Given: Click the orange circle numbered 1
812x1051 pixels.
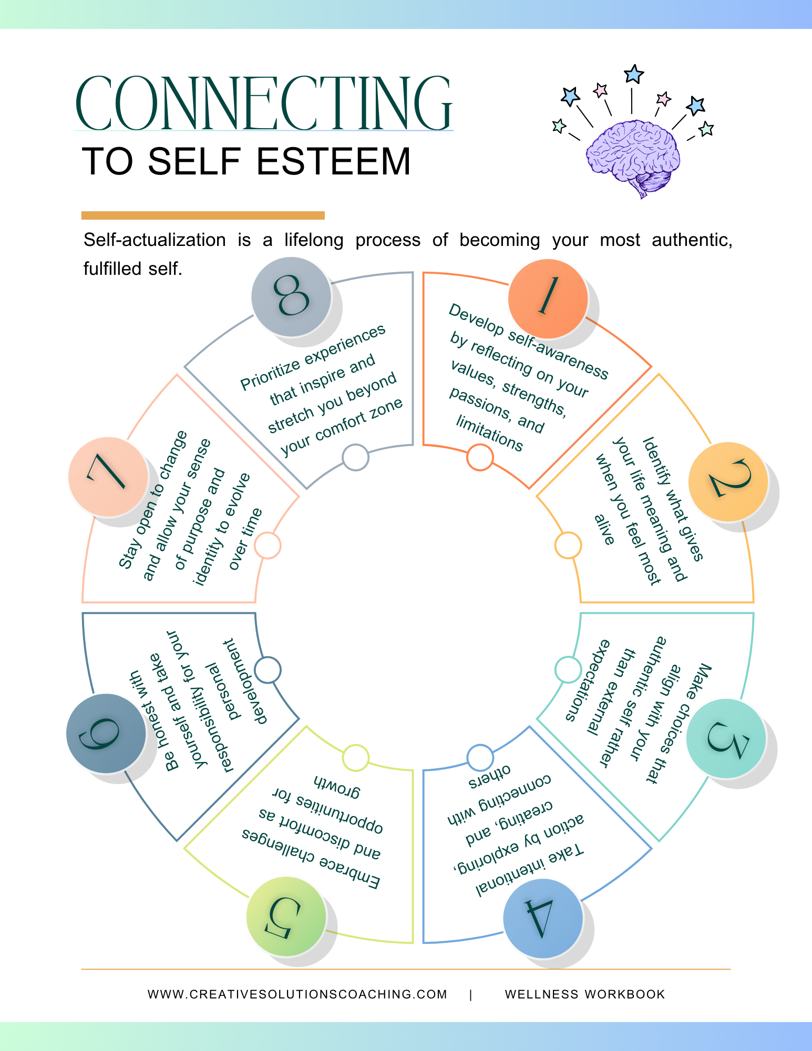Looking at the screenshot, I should pos(548,298).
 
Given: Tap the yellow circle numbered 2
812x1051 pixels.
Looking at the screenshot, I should pos(728,481).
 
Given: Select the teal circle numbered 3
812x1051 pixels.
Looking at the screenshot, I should pos(726,738).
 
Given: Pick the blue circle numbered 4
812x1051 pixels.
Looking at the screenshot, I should pos(542,918).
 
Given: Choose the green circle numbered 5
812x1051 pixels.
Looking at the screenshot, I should pos(286,916).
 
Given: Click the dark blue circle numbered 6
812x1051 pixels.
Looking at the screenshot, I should pos(106,733).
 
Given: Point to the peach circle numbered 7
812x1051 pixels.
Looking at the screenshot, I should pos(108,476).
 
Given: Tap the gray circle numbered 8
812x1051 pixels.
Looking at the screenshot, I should pos(291,296).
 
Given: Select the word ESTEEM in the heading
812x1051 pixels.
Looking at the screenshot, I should pos(333,161).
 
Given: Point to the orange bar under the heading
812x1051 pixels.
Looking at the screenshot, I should pos(203,215).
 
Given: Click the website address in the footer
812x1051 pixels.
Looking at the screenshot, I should pos(297,994).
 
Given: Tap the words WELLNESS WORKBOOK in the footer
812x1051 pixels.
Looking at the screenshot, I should pos(585,994).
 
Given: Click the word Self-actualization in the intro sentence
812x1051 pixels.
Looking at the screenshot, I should pos(155,240).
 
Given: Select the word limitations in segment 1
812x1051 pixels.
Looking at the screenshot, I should pos(489,433).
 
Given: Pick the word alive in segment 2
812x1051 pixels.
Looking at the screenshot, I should pos(604,530).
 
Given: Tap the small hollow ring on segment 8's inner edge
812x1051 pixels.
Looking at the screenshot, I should pos(355,457).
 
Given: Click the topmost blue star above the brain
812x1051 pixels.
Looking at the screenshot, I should pos(634,74).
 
